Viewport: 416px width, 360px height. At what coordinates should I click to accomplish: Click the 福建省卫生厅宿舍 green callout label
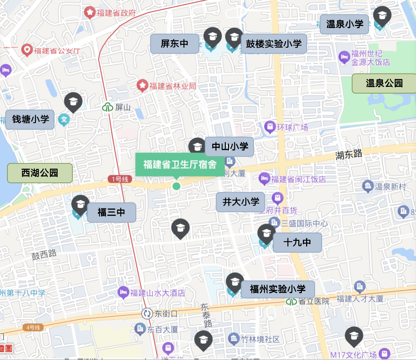(180, 164)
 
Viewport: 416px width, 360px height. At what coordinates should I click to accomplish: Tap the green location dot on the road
(176, 186)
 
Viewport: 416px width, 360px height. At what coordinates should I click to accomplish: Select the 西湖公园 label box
(40, 173)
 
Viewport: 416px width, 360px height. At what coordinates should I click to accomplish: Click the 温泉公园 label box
(384, 83)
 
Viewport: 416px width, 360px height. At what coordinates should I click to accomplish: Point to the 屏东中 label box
(174, 44)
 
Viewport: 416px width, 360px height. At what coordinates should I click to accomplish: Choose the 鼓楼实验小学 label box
(274, 44)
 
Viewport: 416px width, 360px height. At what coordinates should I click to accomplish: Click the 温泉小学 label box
(344, 24)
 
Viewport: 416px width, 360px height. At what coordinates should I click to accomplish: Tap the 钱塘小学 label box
(30, 120)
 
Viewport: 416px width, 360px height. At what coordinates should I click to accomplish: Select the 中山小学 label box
(229, 147)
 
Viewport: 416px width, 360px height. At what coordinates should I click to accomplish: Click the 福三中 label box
(111, 213)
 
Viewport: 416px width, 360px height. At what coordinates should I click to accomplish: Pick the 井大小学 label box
(240, 202)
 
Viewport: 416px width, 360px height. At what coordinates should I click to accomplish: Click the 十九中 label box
(297, 243)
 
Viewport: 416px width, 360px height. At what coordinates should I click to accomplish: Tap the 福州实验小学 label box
(278, 289)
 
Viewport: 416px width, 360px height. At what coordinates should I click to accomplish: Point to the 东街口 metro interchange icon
(146, 313)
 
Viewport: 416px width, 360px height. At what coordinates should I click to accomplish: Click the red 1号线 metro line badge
(120, 180)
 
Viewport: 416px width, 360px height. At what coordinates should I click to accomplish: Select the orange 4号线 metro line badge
(33, 327)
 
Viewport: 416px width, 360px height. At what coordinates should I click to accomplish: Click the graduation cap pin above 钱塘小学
(73, 102)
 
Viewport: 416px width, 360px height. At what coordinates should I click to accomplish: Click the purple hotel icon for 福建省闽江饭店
(264, 179)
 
